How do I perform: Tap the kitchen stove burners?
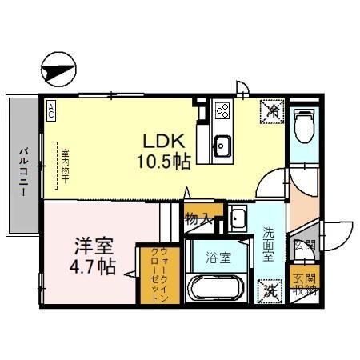(222, 112)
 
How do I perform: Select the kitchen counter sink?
(222, 146)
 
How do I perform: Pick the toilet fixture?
(303, 123)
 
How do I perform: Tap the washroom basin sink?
(239, 218)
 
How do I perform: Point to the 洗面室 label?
(268, 245)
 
